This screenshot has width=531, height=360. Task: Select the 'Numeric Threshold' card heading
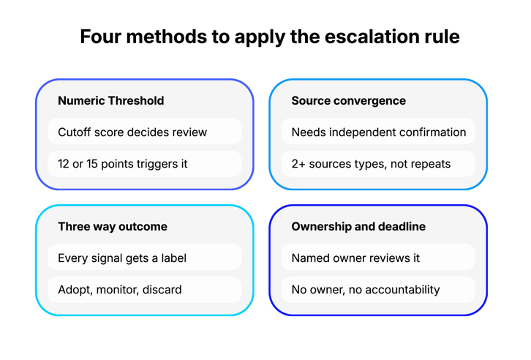click(111, 100)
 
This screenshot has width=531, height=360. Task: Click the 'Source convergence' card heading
click(348, 100)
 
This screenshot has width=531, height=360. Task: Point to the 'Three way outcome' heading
click(113, 227)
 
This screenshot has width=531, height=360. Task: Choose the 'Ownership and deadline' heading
click(358, 227)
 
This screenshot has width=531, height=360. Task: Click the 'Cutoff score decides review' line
click(132, 132)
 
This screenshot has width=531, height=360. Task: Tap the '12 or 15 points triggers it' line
click(123, 164)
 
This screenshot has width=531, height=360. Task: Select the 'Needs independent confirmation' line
click(379, 132)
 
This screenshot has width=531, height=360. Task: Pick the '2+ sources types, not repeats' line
click(371, 164)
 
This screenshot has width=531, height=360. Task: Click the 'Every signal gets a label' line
click(122, 258)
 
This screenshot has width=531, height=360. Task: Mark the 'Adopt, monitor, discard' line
click(120, 290)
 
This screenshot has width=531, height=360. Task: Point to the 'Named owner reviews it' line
click(355, 258)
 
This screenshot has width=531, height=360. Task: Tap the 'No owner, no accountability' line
click(366, 290)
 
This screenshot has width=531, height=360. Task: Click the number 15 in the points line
click(92, 164)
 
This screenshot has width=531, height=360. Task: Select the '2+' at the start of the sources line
click(298, 164)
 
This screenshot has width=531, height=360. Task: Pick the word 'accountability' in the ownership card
click(403, 290)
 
